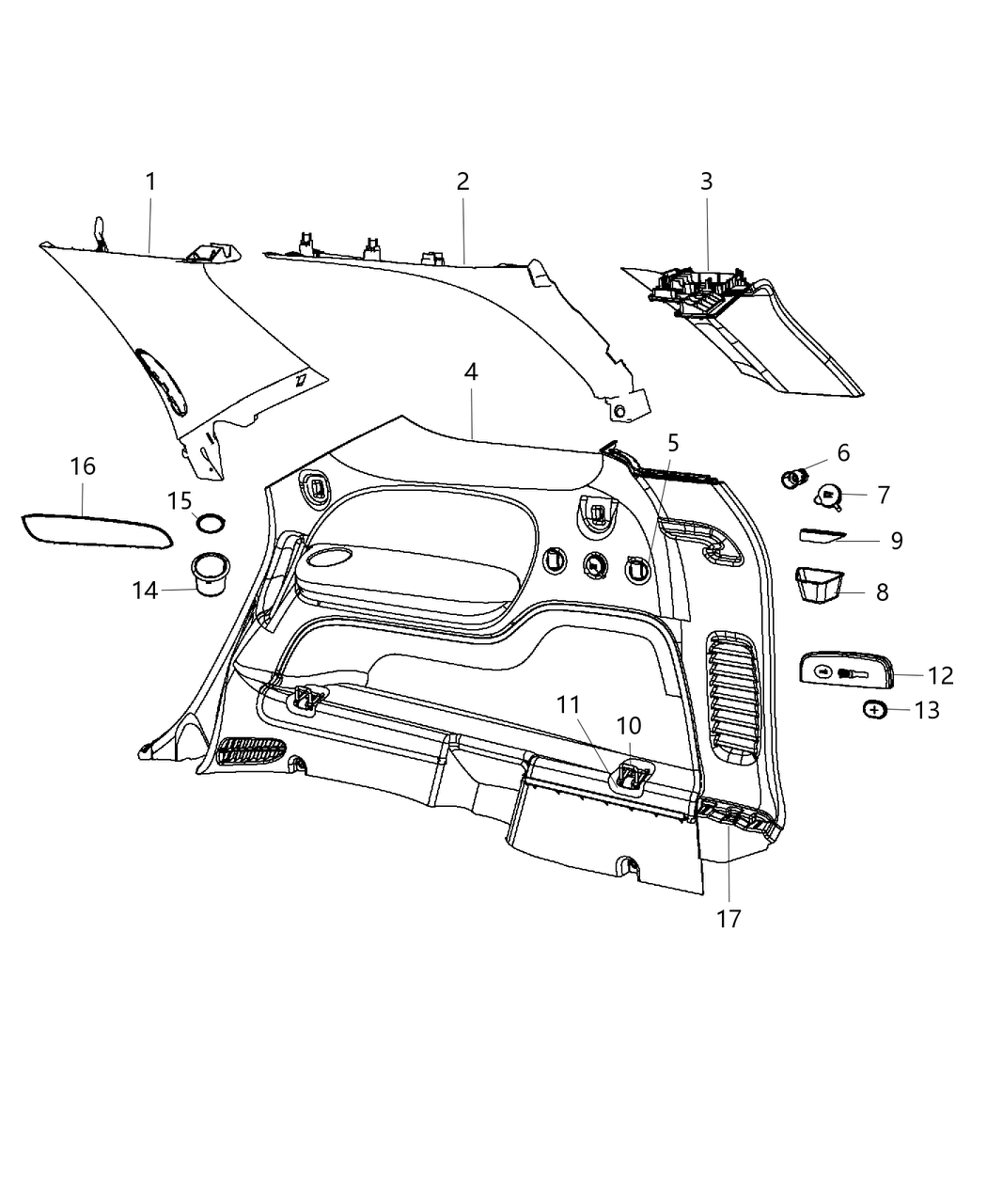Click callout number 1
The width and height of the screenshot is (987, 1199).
coord(149,181)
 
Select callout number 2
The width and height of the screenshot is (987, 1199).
coord(462,181)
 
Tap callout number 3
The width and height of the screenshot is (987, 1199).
coord(706,181)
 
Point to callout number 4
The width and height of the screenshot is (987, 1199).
coord(471,371)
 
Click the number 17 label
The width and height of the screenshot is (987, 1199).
coord(728,919)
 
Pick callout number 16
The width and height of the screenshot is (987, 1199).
coord(83,466)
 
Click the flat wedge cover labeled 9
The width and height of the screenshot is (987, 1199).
coord(823,536)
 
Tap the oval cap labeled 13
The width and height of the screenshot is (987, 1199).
coord(874,710)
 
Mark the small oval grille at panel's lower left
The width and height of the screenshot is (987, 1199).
coord(251,749)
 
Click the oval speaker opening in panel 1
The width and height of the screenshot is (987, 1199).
coord(164,381)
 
